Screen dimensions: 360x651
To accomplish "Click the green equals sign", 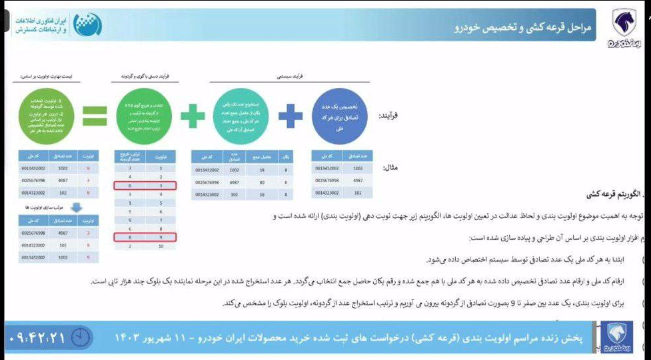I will [94, 116].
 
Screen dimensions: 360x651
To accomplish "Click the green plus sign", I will [193, 116].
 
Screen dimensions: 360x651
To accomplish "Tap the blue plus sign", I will [291, 116].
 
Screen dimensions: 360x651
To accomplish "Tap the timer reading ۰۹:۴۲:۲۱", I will [38, 337].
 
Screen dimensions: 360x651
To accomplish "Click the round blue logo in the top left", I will [88, 25].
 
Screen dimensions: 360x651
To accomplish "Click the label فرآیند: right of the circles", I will [389, 115].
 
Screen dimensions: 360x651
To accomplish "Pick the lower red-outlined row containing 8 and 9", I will [145, 237].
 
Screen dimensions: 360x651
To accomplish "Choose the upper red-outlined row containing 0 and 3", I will [145, 185].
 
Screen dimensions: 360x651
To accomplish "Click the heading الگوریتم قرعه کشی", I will [612, 195].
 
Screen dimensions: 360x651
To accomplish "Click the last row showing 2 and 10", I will [145, 246].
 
